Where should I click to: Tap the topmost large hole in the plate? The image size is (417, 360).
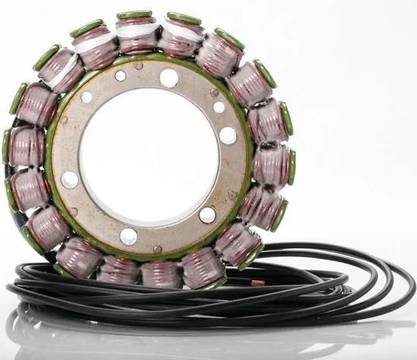pyautogui.click(x=169, y=77)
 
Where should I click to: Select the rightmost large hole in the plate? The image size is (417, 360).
pyautogui.click(x=227, y=136)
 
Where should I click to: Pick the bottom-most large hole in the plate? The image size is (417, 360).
pyautogui.click(x=129, y=236)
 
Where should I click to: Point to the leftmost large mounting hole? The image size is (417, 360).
pyautogui.click(x=70, y=180)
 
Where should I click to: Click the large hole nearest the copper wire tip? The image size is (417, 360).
pyautogui.click(x=207, y=215)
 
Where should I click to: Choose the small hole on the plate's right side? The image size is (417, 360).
pyautogui.click(x=219, y=107)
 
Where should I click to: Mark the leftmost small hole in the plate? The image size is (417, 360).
pyautogui.click(x=86, y=98)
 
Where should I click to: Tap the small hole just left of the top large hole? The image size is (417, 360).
pyautogui.click(x=121, y=75)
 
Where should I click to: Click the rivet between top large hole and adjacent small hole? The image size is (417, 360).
pyautogui.click(x=140, y=67)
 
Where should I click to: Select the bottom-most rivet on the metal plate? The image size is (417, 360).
pyautogui.click(x=157, y=249)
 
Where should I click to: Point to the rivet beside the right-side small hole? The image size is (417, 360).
pyautogui.click(x=215, y=92)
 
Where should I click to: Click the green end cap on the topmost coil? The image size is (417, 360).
pyautogui.click(x=134, y=14)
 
